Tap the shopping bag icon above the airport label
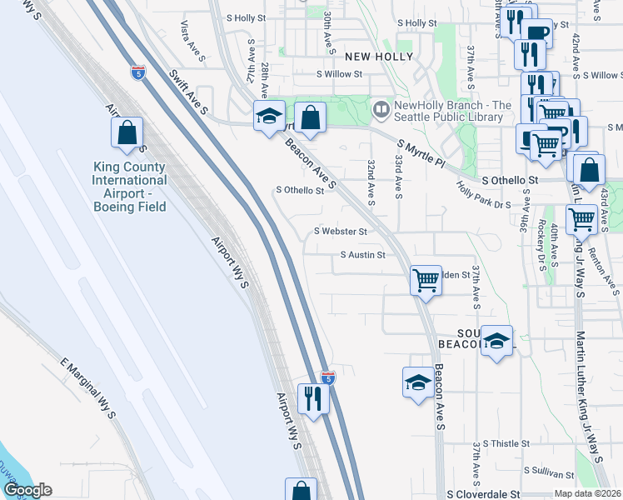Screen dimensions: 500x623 point(127,132)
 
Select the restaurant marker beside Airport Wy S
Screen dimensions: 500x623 point(313,397)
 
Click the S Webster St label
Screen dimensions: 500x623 point(340,231)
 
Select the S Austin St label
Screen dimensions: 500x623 point(362,255)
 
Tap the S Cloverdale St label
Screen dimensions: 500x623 point(482,494)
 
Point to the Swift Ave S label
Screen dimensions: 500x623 point(190,90)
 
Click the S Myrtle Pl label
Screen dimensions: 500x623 point(421,154)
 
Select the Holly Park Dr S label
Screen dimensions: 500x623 point(484,197)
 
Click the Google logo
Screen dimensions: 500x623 point(27,490)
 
